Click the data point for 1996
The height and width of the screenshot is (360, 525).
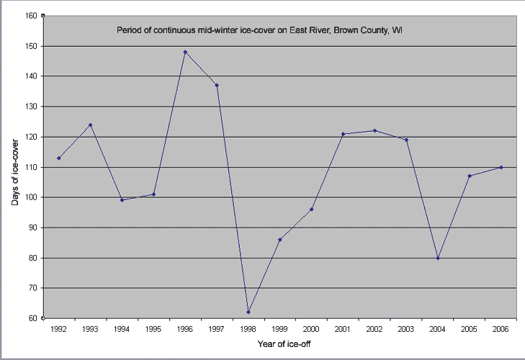[x=185, y=52]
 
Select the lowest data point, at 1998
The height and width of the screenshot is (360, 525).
[x=248, y=312]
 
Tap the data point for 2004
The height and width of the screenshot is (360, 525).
[x=438, y=258]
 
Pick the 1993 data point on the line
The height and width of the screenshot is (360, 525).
[x=91, y=125]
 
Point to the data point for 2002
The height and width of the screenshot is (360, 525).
[x=374, y=130]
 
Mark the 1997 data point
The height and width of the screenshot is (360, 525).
[x=217, y=85]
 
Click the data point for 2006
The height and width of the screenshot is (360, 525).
[x=501, y=167]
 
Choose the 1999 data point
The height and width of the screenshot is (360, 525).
[x=279, y=240]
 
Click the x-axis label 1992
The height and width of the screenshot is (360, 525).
[x=59, y=328]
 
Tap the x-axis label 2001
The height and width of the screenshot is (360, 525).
[x=343, y=328]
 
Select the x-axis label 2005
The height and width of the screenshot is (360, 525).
[x=469, y=328]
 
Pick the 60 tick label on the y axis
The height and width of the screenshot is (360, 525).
[x=33, y=318]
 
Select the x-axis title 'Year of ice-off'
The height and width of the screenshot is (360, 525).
[x=286, y=343]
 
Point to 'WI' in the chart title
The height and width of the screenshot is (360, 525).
[x=397, y=30]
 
